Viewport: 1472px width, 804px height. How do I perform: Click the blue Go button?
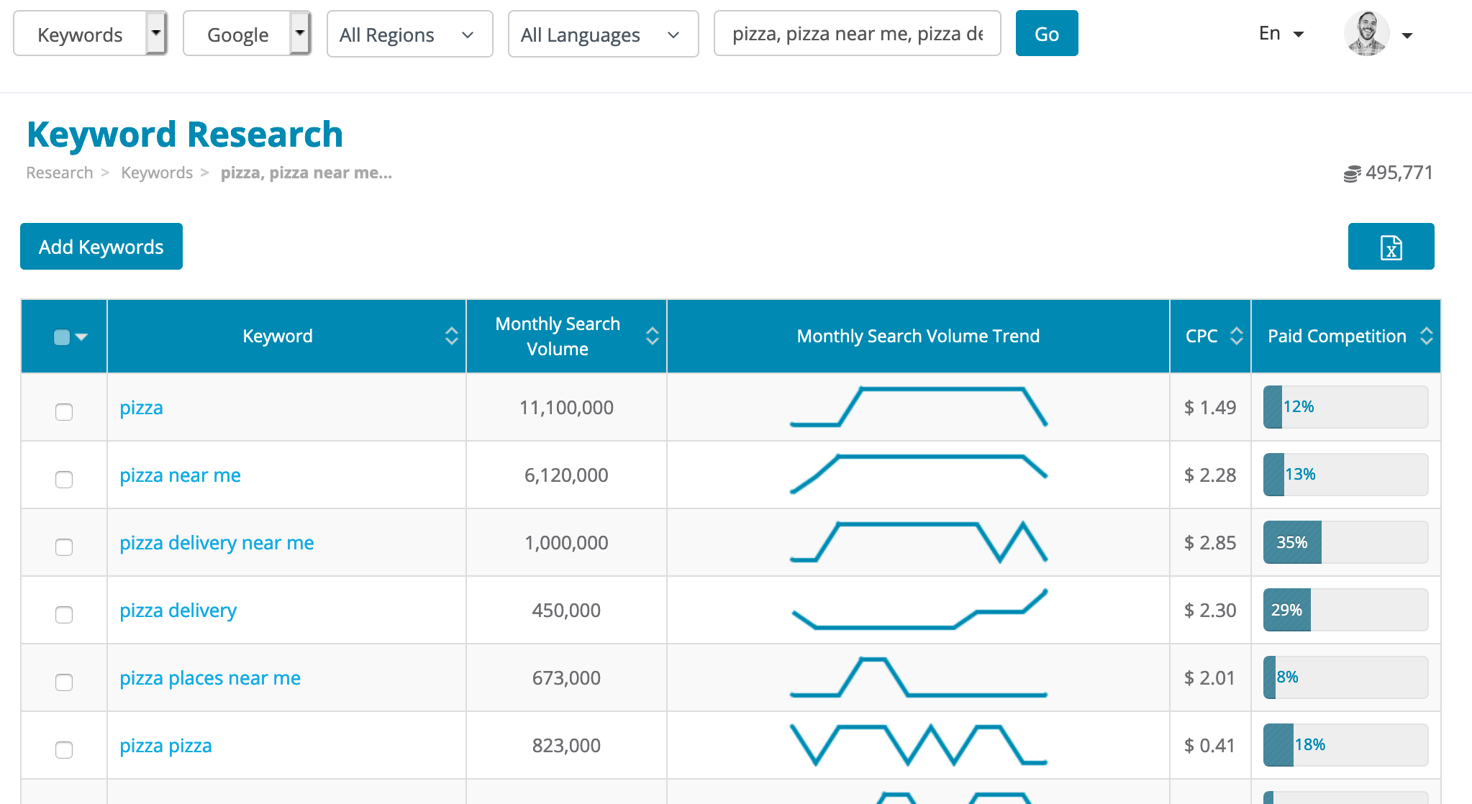1046,34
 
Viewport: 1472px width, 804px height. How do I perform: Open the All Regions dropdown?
409,35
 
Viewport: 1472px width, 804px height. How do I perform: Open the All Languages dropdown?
602,35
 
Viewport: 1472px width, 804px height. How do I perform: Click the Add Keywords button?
101,247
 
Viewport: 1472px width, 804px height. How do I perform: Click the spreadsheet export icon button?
1390,247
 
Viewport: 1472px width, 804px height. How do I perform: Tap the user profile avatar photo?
1366,34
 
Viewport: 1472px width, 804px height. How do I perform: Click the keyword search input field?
856,34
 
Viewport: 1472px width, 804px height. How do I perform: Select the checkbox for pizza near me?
64,480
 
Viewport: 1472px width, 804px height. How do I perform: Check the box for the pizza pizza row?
64,750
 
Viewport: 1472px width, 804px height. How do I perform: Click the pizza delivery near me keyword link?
217,543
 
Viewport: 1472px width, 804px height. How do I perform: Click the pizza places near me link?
210,678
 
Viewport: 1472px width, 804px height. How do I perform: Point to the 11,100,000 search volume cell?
566,408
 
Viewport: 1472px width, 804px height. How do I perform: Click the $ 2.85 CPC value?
1210,543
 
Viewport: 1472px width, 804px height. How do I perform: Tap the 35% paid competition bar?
1292,542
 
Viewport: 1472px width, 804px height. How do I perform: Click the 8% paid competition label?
1287,677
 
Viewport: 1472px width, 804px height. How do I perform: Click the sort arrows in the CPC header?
1236,336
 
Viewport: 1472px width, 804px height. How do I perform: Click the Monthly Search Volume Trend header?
918,336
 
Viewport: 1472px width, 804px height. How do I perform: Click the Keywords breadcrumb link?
157,173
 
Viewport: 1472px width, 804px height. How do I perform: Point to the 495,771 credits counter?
1398,173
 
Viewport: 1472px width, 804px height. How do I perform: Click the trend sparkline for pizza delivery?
918,611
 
